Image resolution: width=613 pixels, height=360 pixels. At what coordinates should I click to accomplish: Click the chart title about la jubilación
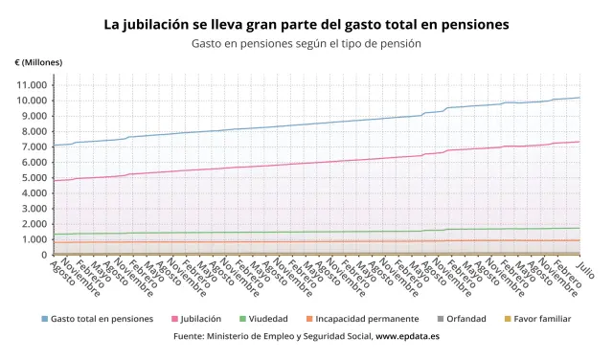(x=306, y=24)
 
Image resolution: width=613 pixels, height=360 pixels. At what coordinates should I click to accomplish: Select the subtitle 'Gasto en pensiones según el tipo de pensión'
(x=306, y=44)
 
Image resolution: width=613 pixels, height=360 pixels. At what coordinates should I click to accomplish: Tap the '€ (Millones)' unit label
(x=39, y=62)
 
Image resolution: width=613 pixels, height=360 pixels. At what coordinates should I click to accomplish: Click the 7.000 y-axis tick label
(x=34, y=146)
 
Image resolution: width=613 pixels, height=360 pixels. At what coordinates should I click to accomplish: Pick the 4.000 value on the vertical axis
(x=34, y=193)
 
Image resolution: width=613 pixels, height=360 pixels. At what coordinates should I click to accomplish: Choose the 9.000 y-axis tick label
(x=34, y=116)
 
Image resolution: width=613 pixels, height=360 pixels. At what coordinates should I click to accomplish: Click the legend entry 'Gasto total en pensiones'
(x=101, y=319)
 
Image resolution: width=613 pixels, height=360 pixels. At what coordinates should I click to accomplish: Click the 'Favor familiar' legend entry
(x=536, y=319)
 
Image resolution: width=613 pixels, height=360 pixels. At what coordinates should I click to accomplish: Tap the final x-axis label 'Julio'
(x=585, y=270)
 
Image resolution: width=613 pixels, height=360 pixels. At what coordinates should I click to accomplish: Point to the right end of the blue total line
(x=579, y=98)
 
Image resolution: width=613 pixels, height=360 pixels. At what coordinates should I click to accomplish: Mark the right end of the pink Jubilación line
(x=579, y=142)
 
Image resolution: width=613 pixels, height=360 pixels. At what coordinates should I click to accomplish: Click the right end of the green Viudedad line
(x=579, y=228)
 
